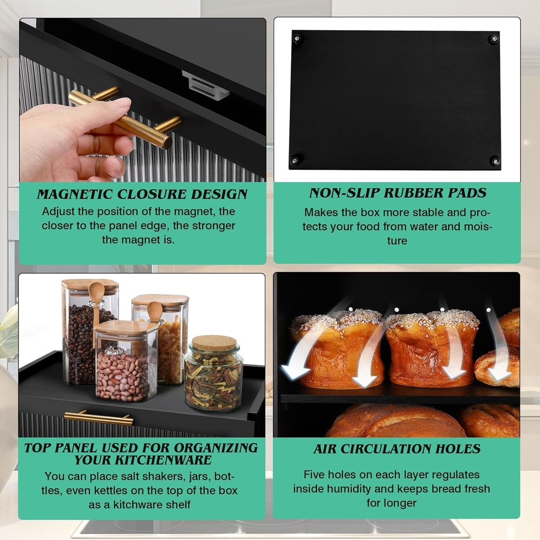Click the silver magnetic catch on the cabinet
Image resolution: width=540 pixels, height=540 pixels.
click(206, 85)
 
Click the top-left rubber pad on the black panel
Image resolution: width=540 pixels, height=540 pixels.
click(297, 38)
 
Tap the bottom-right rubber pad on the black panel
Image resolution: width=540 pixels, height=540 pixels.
click(494, 160)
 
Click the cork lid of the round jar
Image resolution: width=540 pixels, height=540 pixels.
click(213, 343)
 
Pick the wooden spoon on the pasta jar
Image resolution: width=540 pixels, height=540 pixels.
click(155, 312)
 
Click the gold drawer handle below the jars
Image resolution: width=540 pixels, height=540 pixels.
click(99, 419)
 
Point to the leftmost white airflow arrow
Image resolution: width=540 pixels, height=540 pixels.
click(303, 348)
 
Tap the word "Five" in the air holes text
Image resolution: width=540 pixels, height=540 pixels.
click(315, 475)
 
